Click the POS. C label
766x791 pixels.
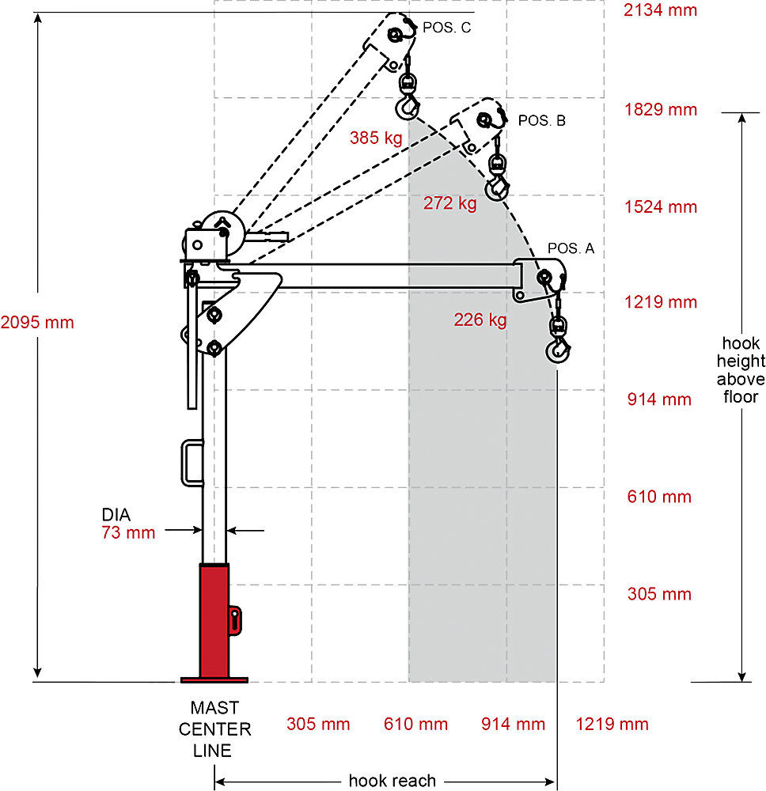click(446, 28)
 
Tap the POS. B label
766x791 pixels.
click(541, 121)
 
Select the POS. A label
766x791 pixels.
click(571, 248)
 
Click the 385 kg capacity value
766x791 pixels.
click(376, 138)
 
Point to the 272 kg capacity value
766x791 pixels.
click(449, 203)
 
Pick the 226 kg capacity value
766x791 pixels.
click(480, 320)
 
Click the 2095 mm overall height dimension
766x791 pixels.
click(37, 323)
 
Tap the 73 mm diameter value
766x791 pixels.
click(128, 532)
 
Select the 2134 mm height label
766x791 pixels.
click(660, 10)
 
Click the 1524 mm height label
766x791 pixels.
click(661, 206)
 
